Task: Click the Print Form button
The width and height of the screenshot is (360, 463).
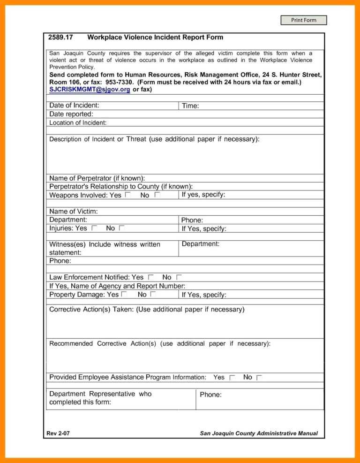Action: [303, 20]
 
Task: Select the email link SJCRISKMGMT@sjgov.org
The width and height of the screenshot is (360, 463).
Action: [90, 89]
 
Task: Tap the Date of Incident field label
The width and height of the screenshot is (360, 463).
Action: [74, 106]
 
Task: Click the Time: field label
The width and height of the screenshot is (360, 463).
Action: [190, 106]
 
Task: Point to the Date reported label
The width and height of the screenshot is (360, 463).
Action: [71, 114]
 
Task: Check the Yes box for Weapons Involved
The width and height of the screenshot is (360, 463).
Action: [128, 195]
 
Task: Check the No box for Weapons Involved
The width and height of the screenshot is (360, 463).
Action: [157, 195]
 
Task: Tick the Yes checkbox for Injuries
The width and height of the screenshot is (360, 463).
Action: [94, 228]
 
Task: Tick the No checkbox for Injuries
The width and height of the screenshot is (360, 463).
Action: [121, 228]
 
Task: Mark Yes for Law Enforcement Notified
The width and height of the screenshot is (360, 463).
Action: [150, 277]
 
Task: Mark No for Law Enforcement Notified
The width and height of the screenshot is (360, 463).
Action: [179, 277]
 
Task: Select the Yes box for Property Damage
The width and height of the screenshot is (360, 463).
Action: [124, 294]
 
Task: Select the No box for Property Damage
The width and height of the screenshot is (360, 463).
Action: [153, 294]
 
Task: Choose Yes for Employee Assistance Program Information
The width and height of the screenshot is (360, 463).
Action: [232, 377]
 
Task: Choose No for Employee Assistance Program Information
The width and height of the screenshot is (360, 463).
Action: [259, 377]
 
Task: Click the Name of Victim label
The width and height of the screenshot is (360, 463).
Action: [74, 212]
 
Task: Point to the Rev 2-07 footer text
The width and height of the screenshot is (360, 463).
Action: [58, 433]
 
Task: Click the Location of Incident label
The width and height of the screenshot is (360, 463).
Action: [78, 122]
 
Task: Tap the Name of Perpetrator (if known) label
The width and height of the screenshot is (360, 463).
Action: [97, 178]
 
